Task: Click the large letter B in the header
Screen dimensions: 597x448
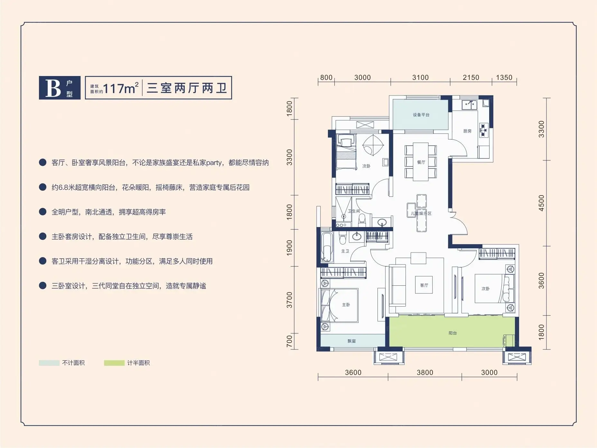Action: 53,88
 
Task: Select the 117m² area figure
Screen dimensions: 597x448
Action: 121,88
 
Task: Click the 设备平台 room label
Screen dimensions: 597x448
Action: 421,115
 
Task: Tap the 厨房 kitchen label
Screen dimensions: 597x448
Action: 467,131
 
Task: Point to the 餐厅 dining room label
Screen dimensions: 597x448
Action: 421,162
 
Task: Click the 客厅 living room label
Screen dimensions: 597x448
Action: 424,285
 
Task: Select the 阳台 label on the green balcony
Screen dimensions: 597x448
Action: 452,333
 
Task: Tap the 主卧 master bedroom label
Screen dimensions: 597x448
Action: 346,305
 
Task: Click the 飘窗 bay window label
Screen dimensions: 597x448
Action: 351,341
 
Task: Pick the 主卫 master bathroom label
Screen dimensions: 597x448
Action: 345,251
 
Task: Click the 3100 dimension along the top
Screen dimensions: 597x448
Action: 420,77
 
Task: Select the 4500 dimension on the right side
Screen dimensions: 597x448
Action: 541,203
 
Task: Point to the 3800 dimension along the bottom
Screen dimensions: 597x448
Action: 425,372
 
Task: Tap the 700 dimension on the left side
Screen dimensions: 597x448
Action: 289,341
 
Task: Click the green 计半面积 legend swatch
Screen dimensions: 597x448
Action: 114,363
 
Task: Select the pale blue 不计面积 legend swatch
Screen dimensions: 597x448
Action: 49,363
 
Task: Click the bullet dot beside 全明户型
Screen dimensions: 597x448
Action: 42,212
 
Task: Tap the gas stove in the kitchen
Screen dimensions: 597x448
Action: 483,130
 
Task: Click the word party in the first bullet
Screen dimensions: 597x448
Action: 214,163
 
